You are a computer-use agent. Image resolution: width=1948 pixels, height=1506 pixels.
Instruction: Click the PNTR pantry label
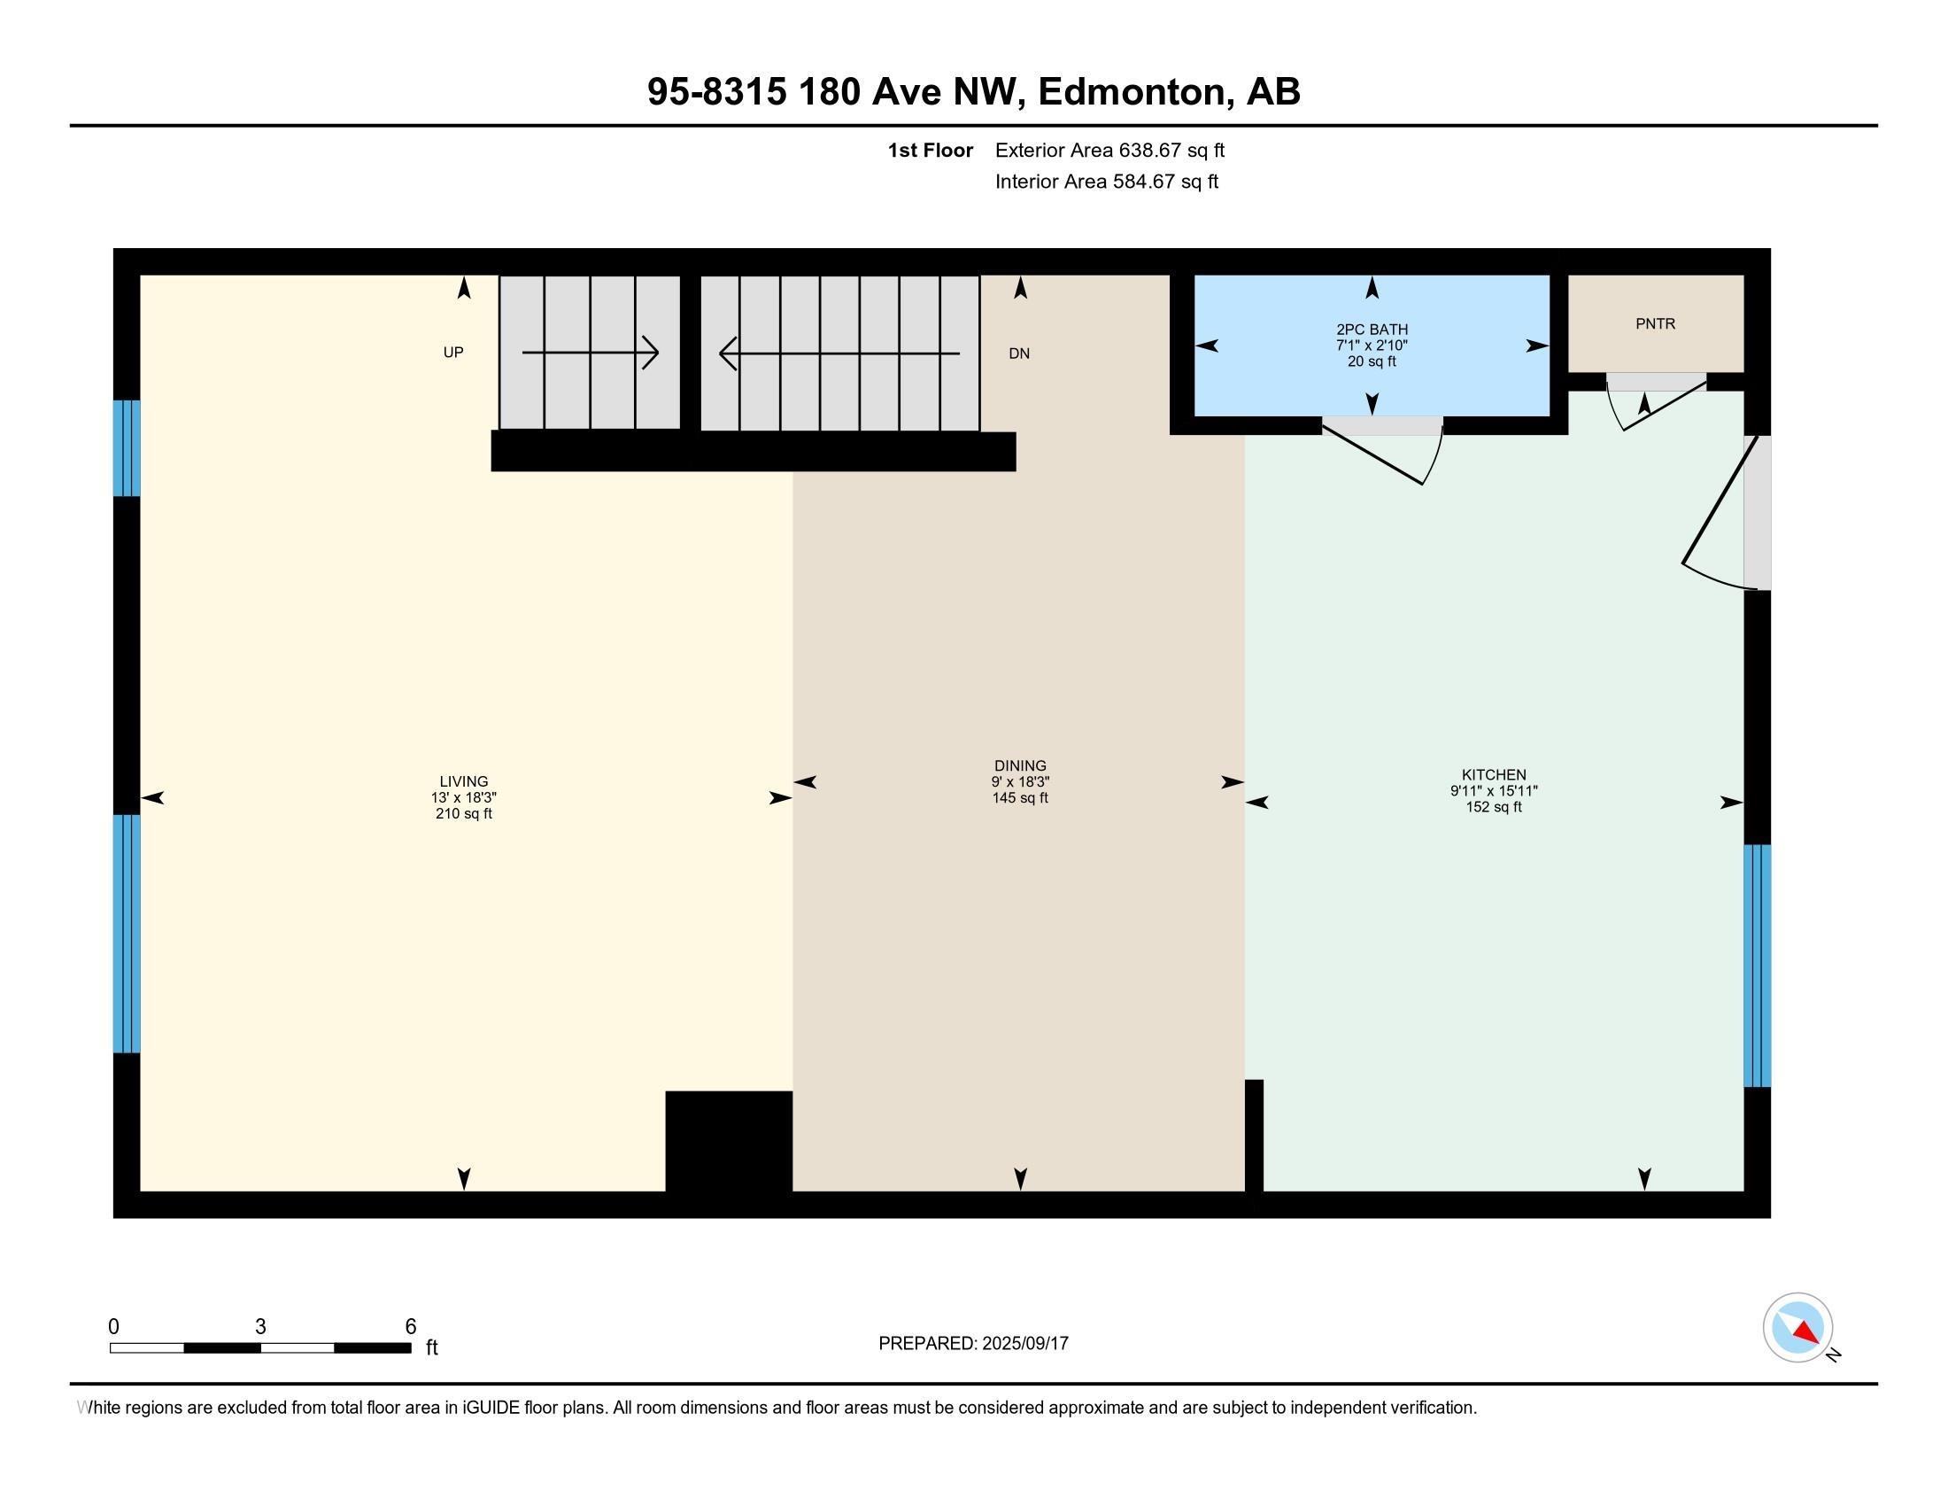click(x=1656, y=324)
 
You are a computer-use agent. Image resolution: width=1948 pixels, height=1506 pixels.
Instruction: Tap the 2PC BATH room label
click(x=1372, y=330)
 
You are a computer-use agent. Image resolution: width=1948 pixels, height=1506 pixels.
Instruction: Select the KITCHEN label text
click(x=1494, y=775)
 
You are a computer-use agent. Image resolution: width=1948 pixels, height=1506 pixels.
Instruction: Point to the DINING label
click(x=1020, y=765)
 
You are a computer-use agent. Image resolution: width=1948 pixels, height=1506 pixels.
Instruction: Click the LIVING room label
click(x=464, y=781)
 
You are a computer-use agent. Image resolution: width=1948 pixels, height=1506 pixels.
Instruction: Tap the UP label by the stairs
click(x=453, y=353)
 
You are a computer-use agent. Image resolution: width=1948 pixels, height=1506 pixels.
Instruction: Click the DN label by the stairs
click(x=1019, y=353)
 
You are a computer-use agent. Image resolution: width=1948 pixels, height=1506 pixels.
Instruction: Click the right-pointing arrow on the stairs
click(x=591, y=353)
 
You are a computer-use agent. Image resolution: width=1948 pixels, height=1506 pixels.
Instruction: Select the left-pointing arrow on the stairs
click(x=839, y=353)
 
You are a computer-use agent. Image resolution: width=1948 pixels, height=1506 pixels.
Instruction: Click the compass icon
click(x=1798, y=1327)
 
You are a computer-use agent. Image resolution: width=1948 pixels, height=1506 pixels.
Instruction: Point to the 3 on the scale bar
click(x=260, y=1327)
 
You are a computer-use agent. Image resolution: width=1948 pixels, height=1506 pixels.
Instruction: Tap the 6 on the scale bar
click(x=410, y=1327)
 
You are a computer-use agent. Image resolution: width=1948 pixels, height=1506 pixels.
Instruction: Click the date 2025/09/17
click(x=1024, y=1344)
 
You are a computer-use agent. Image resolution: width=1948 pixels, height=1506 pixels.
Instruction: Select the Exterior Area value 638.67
click(x=1146, y=151)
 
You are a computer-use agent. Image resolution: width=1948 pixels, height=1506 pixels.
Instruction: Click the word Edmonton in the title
click(x=1132, y=92)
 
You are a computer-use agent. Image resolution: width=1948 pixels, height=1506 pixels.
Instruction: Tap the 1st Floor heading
click(x=931, y=151)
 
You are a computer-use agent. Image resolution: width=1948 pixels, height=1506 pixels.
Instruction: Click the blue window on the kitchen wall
click(x=1757, y=966)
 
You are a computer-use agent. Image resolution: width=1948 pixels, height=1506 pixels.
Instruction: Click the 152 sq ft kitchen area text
click(x=1494, y=807)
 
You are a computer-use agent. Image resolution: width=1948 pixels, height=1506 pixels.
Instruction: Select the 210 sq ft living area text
click(x=464, y=813)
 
